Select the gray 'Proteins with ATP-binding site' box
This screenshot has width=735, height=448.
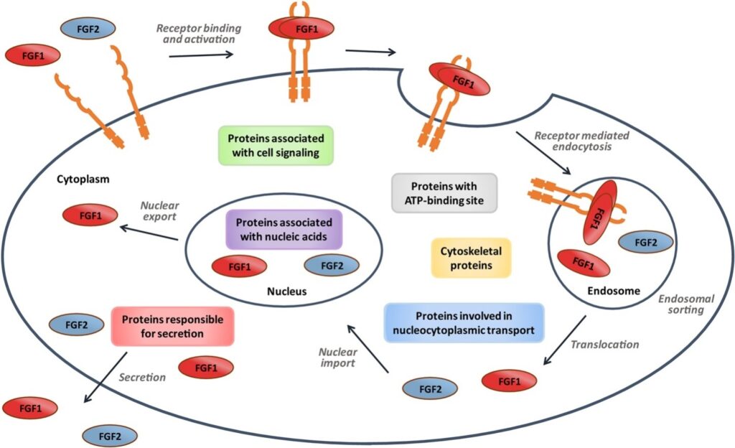click(x=444, y=192)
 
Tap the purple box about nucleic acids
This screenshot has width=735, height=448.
click(x=284, y=229)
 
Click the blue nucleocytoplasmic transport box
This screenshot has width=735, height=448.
click(x=464, y=324)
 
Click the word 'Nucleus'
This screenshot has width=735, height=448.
click(x=287, y=291)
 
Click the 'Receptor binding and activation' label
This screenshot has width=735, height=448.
click(x=198, y=34)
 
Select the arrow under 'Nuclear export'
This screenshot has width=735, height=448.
click(x=149, y=233)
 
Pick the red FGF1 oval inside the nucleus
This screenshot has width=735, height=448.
click(x=239, y=266)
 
